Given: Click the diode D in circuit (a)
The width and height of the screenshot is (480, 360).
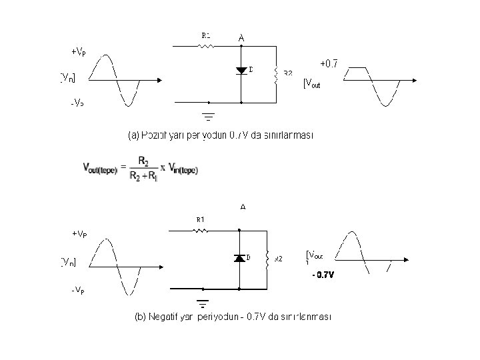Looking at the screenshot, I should tap(241, 71).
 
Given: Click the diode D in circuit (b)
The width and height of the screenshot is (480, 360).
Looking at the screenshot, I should tap(239, 258).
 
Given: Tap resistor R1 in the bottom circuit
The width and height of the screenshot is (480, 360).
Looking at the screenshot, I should tap(201, 231).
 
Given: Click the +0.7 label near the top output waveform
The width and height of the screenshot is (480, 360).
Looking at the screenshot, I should tap(329, 64).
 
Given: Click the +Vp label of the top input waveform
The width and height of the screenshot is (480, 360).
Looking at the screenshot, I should tap(78, 51).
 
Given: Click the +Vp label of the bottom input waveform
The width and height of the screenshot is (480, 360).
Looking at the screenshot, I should tap(79, 234).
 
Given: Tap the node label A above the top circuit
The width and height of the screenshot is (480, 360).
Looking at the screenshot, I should tap(241, 39).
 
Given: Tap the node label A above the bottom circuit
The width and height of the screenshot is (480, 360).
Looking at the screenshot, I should tap(243, 207).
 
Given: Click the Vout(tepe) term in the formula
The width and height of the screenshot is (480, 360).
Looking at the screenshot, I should tap(100, 169).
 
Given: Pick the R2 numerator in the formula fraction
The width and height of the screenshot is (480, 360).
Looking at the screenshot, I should tap(143, 161).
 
